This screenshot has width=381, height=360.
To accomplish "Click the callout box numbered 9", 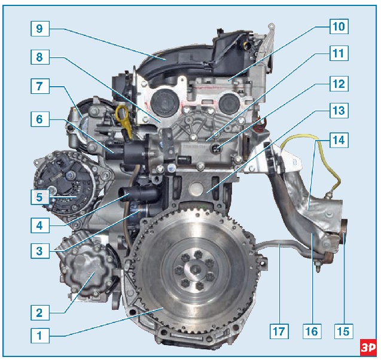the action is (40, 29).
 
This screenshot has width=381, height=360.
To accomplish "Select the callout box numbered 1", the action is (40, 335).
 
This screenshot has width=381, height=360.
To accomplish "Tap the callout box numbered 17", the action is (279, 331).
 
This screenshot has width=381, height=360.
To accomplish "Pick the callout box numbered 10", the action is (339, 26).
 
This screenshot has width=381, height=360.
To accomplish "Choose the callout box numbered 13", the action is (339, 111).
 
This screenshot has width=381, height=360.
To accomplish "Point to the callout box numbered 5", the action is (40, 197).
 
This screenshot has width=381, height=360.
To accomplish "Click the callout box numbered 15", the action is (343, 331).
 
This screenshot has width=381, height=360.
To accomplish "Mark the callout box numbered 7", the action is (40, 86).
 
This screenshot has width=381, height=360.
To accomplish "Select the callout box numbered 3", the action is (40, 251).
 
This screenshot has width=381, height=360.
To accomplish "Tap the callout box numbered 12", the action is (339, 84).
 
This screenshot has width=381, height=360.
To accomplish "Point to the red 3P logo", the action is (368, 347).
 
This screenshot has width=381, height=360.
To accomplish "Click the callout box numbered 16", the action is (312, 331).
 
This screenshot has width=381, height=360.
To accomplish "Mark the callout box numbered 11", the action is (339, 53).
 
